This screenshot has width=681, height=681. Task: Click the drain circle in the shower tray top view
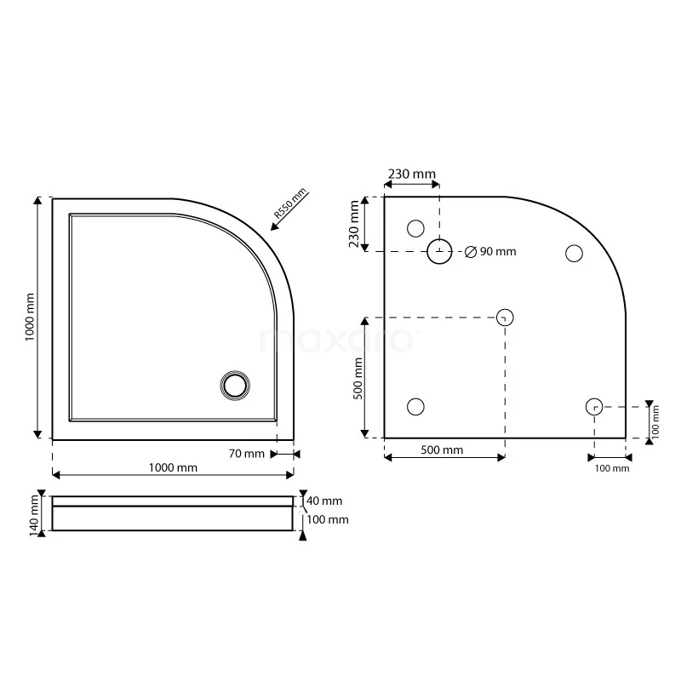click(x=234, y=385)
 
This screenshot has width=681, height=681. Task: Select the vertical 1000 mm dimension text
click(x=31, y=318)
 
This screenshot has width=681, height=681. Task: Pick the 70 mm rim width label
click(x=247, y=454)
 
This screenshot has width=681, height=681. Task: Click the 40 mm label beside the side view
click(x=325, y=501)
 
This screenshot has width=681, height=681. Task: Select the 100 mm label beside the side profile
click(x=328, y=519)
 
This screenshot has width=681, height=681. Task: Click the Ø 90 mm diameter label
click(x=491, y=251)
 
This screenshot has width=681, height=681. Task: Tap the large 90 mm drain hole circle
click(x=439, y=251)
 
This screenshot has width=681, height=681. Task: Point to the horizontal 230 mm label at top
click(x=411, y=174)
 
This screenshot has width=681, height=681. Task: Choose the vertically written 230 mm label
click(x=355, y=225)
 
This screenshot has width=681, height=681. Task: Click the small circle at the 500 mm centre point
click(x=505, y=318)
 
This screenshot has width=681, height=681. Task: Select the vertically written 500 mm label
click(x=358, y=378)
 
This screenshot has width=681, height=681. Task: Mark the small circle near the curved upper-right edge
click(x=574, y=253)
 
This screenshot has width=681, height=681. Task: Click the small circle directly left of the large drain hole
click(x=415, y=227)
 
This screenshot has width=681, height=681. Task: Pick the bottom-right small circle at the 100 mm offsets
click(x=594, y=407)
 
